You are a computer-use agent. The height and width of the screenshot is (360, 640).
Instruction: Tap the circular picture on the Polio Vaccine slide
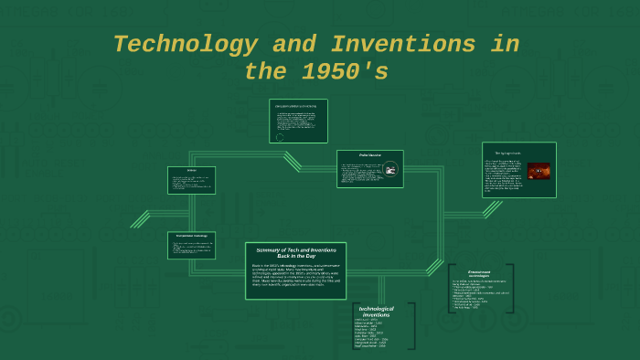tap(390, 169)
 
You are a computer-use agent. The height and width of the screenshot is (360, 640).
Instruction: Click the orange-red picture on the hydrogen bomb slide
tap(539, 171)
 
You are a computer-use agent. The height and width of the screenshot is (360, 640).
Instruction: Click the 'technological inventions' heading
tap(376, 312)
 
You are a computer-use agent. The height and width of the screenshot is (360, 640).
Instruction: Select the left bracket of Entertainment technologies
tap(451, 289)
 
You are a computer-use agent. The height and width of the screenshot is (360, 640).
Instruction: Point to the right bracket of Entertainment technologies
tap(510, 289)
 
